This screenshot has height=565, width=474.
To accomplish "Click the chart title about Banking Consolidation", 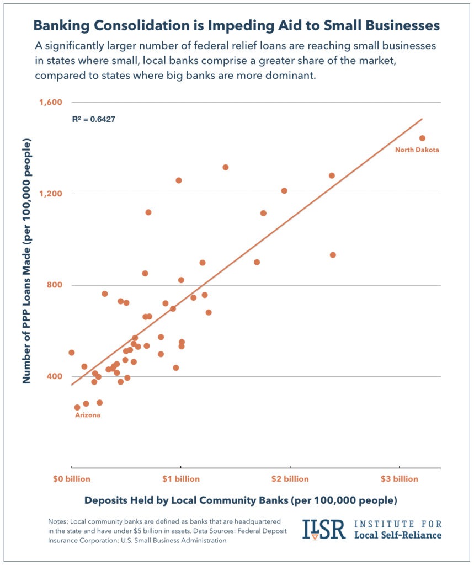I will [x=236, y=25].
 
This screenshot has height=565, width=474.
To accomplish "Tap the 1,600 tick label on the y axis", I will [x=50, y=103].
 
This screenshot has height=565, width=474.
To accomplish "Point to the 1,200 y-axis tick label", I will [x=50, y=194].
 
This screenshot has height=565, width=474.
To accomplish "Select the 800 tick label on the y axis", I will [x=54, y=285].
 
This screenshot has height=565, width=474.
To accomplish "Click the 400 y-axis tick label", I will [x=54, y=376].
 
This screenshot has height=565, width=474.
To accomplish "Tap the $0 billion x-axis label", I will [x=72, y=479].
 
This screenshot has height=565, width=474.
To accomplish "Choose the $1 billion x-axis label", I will [x=181, y=479].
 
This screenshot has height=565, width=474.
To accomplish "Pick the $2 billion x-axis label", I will [x=289, y=479].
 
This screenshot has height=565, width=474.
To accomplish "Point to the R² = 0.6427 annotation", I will [x=93, y=119].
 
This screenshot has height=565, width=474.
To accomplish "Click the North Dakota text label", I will [x=417, y=150].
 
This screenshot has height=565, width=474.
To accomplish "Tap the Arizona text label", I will [x=87, y=415].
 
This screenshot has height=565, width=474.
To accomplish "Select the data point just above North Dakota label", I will [x=422, y=138].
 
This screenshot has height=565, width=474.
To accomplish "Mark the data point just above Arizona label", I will [x=77, y=407].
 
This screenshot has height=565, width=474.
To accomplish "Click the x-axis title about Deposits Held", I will [x=240, y=501].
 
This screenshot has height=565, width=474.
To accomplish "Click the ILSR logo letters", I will [x=324, y=529].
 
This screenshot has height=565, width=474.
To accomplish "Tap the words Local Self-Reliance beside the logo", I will [x=397, y=535].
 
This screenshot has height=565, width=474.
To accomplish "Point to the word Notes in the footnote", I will [x=59, y=521].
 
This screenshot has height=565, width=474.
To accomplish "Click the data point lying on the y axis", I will [x=72, y=353].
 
